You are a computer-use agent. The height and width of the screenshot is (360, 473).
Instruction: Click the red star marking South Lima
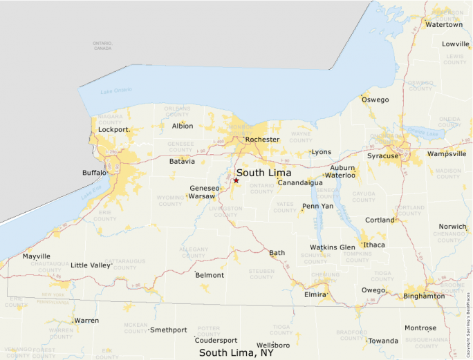click(236, 180)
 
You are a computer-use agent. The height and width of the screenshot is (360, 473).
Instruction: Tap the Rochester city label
click(262, 140)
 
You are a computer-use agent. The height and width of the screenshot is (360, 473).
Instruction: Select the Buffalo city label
click(93, 172)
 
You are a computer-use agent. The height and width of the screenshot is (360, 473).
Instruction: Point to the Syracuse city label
click(382, 155)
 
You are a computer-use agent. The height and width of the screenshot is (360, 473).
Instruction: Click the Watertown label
click(443, 24)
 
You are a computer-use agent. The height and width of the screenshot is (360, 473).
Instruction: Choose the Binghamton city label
click(424, 296)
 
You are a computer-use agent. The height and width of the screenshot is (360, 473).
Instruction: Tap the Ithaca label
click(373, 245)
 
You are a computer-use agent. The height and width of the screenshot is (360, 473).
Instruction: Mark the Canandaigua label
click(300, 183)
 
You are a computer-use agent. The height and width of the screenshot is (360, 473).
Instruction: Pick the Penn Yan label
click(317, 206)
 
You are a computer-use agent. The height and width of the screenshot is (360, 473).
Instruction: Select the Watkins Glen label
click(332, 247)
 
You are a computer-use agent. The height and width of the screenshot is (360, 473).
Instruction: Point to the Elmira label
click(315, 294)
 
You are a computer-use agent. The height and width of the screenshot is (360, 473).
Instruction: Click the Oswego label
click(375, 100)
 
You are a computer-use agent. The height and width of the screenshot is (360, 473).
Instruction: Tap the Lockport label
click(114, 129)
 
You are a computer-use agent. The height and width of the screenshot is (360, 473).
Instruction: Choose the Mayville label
click(36, 256)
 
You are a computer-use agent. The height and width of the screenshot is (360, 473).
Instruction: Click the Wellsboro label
click(272, 345)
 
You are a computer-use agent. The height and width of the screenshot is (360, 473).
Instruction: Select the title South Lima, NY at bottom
click(236, 352)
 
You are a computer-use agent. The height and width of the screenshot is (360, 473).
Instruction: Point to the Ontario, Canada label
click(102, 46)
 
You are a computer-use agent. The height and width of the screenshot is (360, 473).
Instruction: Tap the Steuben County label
click(261, 274)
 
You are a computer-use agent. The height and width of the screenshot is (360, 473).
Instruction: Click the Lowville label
click(455, 44)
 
